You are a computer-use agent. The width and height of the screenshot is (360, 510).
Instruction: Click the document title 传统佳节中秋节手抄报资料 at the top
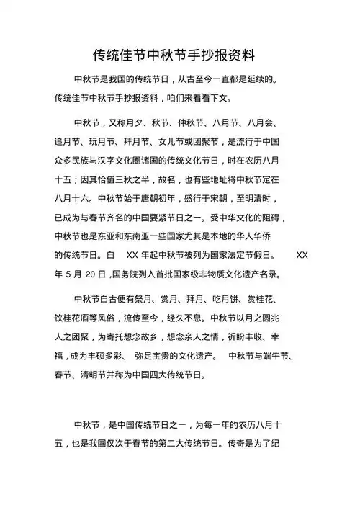tap(180, 55)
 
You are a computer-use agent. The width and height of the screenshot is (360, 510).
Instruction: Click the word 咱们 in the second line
tap(190, 97)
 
